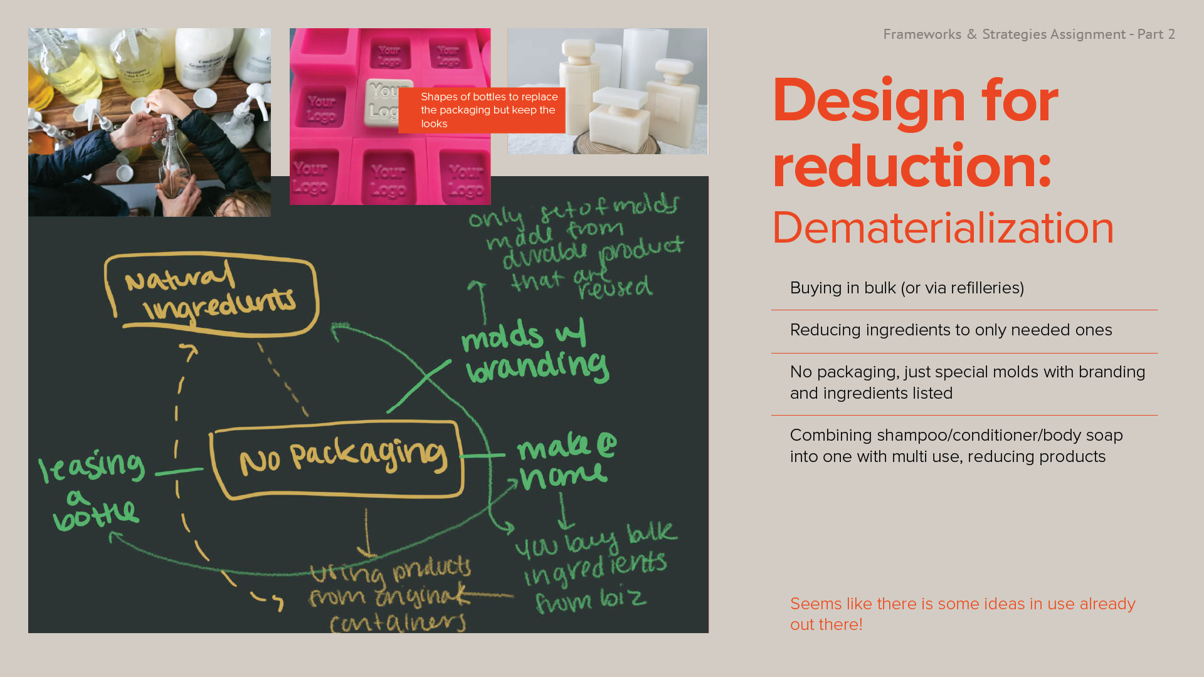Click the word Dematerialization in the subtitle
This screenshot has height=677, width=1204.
click(943, 228)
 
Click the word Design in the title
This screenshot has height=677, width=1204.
click(869, 100)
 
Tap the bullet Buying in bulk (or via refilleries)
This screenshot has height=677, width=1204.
click(907, 288)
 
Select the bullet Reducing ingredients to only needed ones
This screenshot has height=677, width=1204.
click(951, 330)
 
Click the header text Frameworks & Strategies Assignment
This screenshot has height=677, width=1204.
click(1004, 34)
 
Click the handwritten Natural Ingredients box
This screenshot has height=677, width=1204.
click(211, 293)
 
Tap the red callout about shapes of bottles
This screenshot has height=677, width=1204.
click(482, 110)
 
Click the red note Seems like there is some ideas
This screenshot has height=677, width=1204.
click(962, 614)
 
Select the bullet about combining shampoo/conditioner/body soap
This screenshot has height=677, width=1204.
click(956, 446)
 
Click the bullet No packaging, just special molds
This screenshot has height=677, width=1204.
click(967, 382)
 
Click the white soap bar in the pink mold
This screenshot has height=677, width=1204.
click(388, 100)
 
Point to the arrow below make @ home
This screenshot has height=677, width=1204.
click(564, 511)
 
